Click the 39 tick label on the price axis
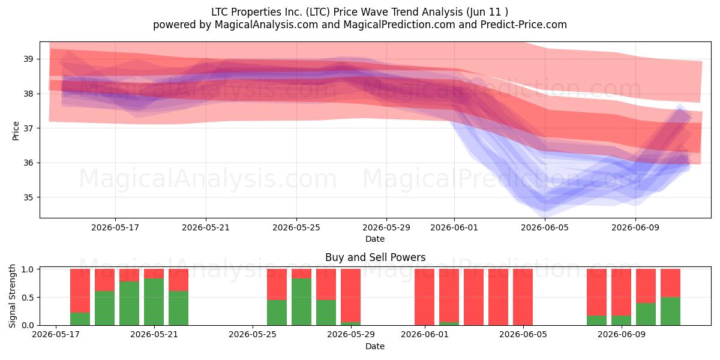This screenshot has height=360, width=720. [28, 59]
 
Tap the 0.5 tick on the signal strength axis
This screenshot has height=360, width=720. [28, 298]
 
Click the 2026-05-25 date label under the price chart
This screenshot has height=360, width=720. [296, 228]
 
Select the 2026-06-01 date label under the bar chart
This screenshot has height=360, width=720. [425, 335]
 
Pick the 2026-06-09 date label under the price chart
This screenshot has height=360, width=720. [635, 228]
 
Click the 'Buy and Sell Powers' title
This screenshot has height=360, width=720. [375, 257]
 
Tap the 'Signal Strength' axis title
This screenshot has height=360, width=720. [12, 296]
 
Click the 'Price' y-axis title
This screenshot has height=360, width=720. [16, 131]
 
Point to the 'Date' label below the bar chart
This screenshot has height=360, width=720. [375, 347]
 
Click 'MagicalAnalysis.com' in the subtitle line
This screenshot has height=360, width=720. [266, 25]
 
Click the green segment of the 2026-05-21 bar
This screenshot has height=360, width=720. [154, 302]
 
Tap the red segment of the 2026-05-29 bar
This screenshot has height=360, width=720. [350, 295]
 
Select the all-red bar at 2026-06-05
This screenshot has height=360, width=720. [523, 297]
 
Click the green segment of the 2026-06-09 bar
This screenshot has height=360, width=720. [622, 320]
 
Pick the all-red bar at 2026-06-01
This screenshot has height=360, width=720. [425, 297]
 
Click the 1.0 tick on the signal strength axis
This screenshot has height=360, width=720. [28, 269]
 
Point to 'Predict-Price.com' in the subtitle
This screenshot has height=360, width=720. [524, 25]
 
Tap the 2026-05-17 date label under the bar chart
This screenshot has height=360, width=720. [56, 335]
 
